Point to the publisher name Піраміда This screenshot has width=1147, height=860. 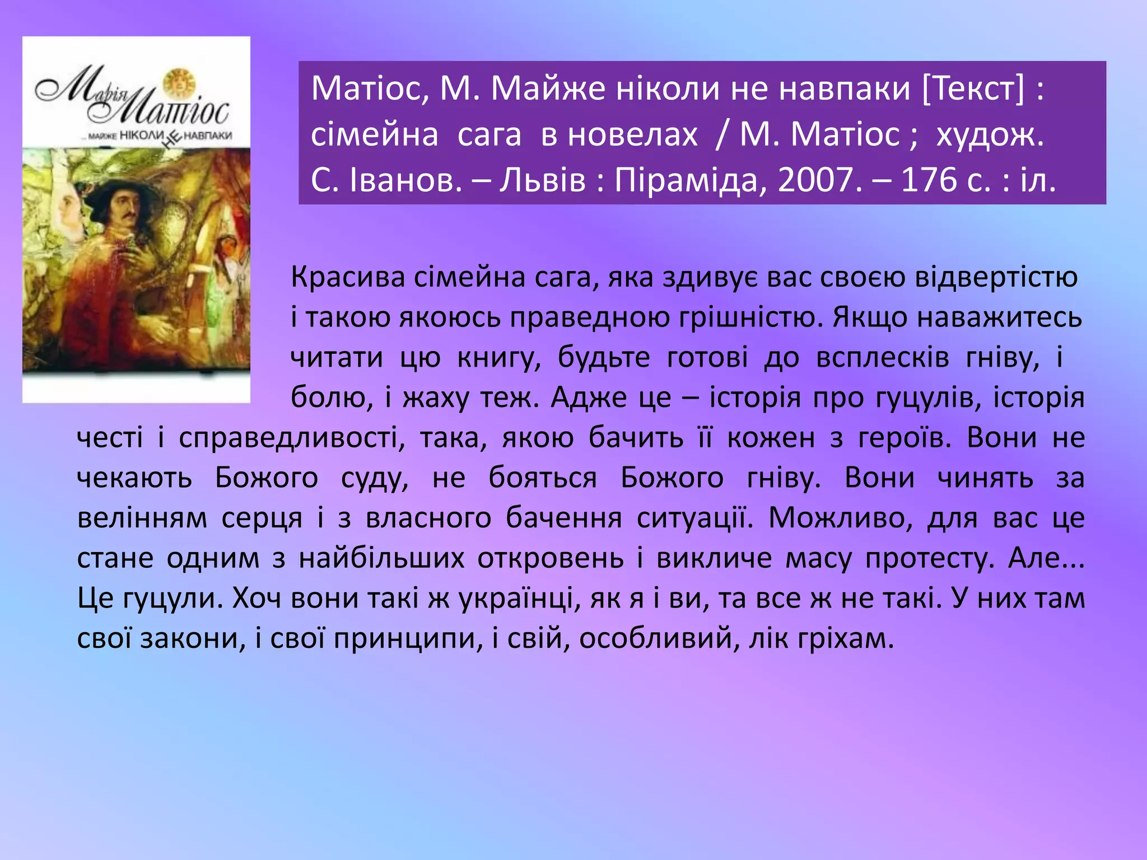coord(686,180)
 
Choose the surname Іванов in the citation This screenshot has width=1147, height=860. coord(405,180)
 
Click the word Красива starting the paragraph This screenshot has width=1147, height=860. coord(347,277)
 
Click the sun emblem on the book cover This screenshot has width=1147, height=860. coord(179,83)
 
